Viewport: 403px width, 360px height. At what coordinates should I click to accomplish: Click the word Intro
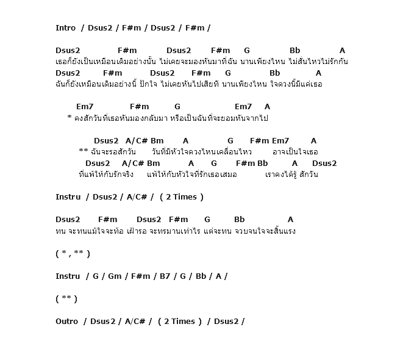[x=66, y=28]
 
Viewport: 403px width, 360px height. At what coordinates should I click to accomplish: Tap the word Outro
[x=67, y=322]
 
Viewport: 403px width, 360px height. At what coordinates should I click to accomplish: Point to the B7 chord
[x=165, y=276]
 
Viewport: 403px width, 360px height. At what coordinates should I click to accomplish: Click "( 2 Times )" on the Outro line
[x=180, y=322]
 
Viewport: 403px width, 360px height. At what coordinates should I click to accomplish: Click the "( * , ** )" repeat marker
[x=73, y=254]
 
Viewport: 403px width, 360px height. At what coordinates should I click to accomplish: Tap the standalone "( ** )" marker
[x=66, y=299]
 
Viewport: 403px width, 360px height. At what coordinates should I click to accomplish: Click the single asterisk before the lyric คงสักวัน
[x=70, y=118]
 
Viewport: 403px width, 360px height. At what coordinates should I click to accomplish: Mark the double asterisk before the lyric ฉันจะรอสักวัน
[x=84, y=152]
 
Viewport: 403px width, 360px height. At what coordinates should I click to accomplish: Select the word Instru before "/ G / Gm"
[x=68, y=276]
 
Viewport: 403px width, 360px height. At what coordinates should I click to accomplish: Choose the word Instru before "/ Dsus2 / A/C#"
[x=68, y=197]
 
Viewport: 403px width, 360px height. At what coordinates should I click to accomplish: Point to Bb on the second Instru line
[x=201, y=276]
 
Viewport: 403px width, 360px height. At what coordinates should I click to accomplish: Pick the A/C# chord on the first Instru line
[x=137, y=197]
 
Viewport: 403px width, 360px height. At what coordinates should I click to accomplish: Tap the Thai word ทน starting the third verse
[x=60, y=231]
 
